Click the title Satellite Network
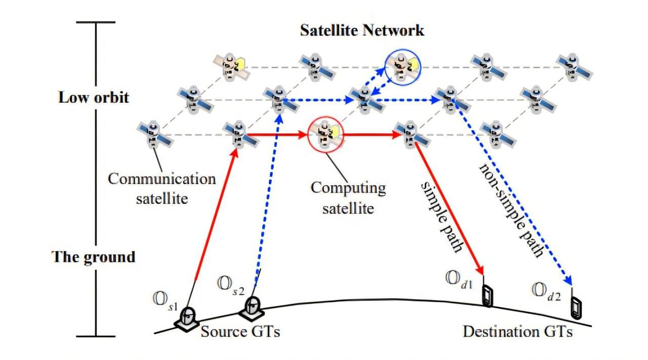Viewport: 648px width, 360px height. [362, 30]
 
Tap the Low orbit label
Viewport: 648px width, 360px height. [94, 97]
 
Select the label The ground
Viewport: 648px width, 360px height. [94, 257]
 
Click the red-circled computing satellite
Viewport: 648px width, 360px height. [326, 134]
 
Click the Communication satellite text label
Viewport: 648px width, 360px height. [161, 188]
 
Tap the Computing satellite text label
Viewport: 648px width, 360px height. [348, 197]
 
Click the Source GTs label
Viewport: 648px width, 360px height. [240, 332]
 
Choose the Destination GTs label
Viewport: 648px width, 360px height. [518, 332]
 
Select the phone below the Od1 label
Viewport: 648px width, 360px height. [487, 296]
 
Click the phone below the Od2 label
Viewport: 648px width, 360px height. [576, 307]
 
